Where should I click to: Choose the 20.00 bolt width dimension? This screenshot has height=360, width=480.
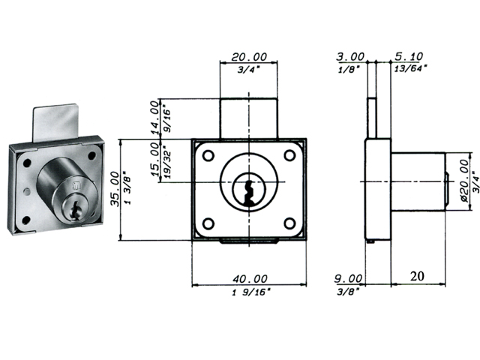[x=249, y=56]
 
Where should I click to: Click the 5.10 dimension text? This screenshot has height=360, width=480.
[x=409, y=56]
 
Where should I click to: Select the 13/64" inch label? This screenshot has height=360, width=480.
[x=409, y=68]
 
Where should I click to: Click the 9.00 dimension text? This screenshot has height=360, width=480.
[x=350, y=277]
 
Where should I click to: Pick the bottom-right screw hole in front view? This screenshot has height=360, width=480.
[x=290, y=222]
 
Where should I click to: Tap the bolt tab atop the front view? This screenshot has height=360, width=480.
[x=249, y=118]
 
